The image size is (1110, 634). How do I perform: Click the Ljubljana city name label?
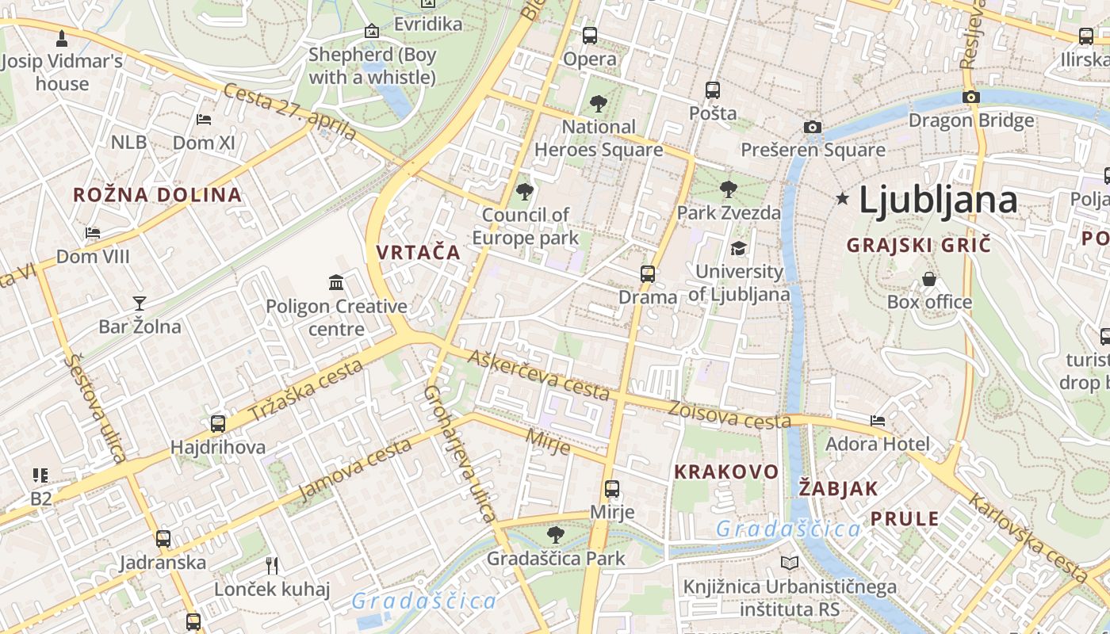(x=938, y=200)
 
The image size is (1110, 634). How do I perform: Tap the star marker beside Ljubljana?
(x=842, y=199)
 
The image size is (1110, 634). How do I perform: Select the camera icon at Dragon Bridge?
(x=971, y=97)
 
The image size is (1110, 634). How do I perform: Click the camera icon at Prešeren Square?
(x=812, y=127)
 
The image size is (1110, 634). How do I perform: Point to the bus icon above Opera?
(x=590, y=35)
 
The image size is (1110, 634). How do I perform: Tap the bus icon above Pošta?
(x=713, y=90)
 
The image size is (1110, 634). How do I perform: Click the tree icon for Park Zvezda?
(x=728, y=189)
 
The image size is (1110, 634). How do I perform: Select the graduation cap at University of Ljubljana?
(x=738, y=248)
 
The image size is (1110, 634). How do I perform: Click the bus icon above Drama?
(x=648, y=274)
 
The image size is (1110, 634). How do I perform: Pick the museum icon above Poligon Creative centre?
(x=336, y=282)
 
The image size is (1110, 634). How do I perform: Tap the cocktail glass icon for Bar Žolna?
(x=140, y=303)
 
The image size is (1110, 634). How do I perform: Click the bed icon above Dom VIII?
(x=93, y=233)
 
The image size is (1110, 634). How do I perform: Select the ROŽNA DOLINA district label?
(x=157, y=195)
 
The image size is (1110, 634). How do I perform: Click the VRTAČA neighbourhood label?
(x=418, y=253)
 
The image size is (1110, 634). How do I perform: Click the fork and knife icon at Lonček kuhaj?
(x=272, y=565)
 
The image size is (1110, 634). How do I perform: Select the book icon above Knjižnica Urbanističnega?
(x=790, y=563)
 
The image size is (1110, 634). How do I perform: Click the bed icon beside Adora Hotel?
(x=878, y=420)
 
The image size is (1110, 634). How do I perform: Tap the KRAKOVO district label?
(x=726, y=472)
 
